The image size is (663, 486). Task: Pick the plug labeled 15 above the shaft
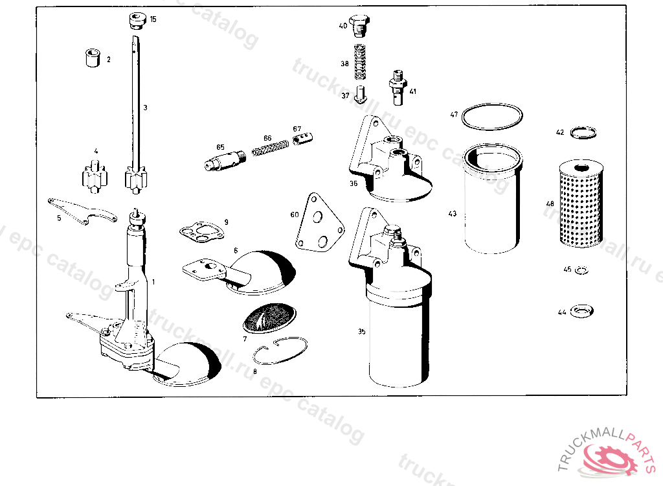click(135, 21)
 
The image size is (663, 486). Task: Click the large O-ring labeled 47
click(492, 117)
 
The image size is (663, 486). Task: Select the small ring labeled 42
click(584, 132)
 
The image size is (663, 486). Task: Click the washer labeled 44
click(582, 312)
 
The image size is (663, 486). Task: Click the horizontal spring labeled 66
click(269, 150)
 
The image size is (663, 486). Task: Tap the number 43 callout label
click(453, 213)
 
